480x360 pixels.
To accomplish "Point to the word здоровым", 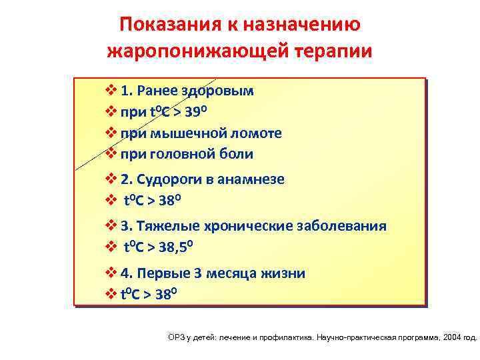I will coord(221,91).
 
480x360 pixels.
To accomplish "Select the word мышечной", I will coord(184,133).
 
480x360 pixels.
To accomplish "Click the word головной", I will coord(183,154).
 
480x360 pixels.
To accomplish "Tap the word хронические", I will coord(250,226).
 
